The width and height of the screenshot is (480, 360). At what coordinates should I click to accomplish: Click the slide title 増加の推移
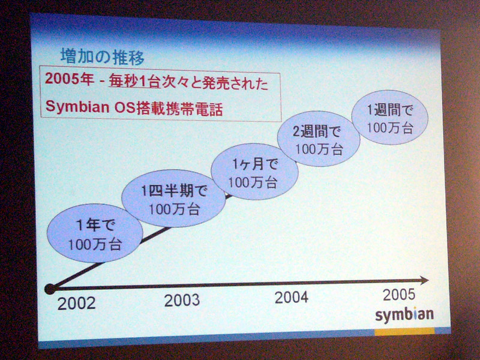[102, 56]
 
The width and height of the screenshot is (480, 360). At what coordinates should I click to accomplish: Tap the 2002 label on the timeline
[77, 304]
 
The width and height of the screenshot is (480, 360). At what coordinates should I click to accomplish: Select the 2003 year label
[182, 300]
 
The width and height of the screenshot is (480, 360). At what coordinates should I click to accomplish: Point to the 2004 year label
[292, 297]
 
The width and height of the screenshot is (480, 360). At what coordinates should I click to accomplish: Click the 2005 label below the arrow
[399, 295]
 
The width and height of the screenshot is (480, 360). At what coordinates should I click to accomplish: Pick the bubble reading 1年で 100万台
[95, 233]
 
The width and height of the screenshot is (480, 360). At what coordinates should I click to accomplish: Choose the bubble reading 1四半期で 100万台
[174, 199]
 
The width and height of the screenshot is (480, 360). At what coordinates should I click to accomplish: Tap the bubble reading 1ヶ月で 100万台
[254, 172]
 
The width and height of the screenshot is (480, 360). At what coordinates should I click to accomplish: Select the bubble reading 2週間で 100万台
[319, 139]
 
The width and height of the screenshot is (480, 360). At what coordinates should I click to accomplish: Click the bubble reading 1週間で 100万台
[389, 117]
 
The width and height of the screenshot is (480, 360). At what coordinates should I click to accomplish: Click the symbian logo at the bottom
[404, 314]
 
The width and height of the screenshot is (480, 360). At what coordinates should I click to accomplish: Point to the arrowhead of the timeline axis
[424, 280]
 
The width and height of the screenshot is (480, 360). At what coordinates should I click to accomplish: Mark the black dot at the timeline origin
[50, 289]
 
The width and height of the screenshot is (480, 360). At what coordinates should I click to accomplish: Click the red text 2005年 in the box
[70, 80]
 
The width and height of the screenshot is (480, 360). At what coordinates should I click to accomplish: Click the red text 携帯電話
[193, 109]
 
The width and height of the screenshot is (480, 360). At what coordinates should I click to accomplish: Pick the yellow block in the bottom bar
[404, 331]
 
